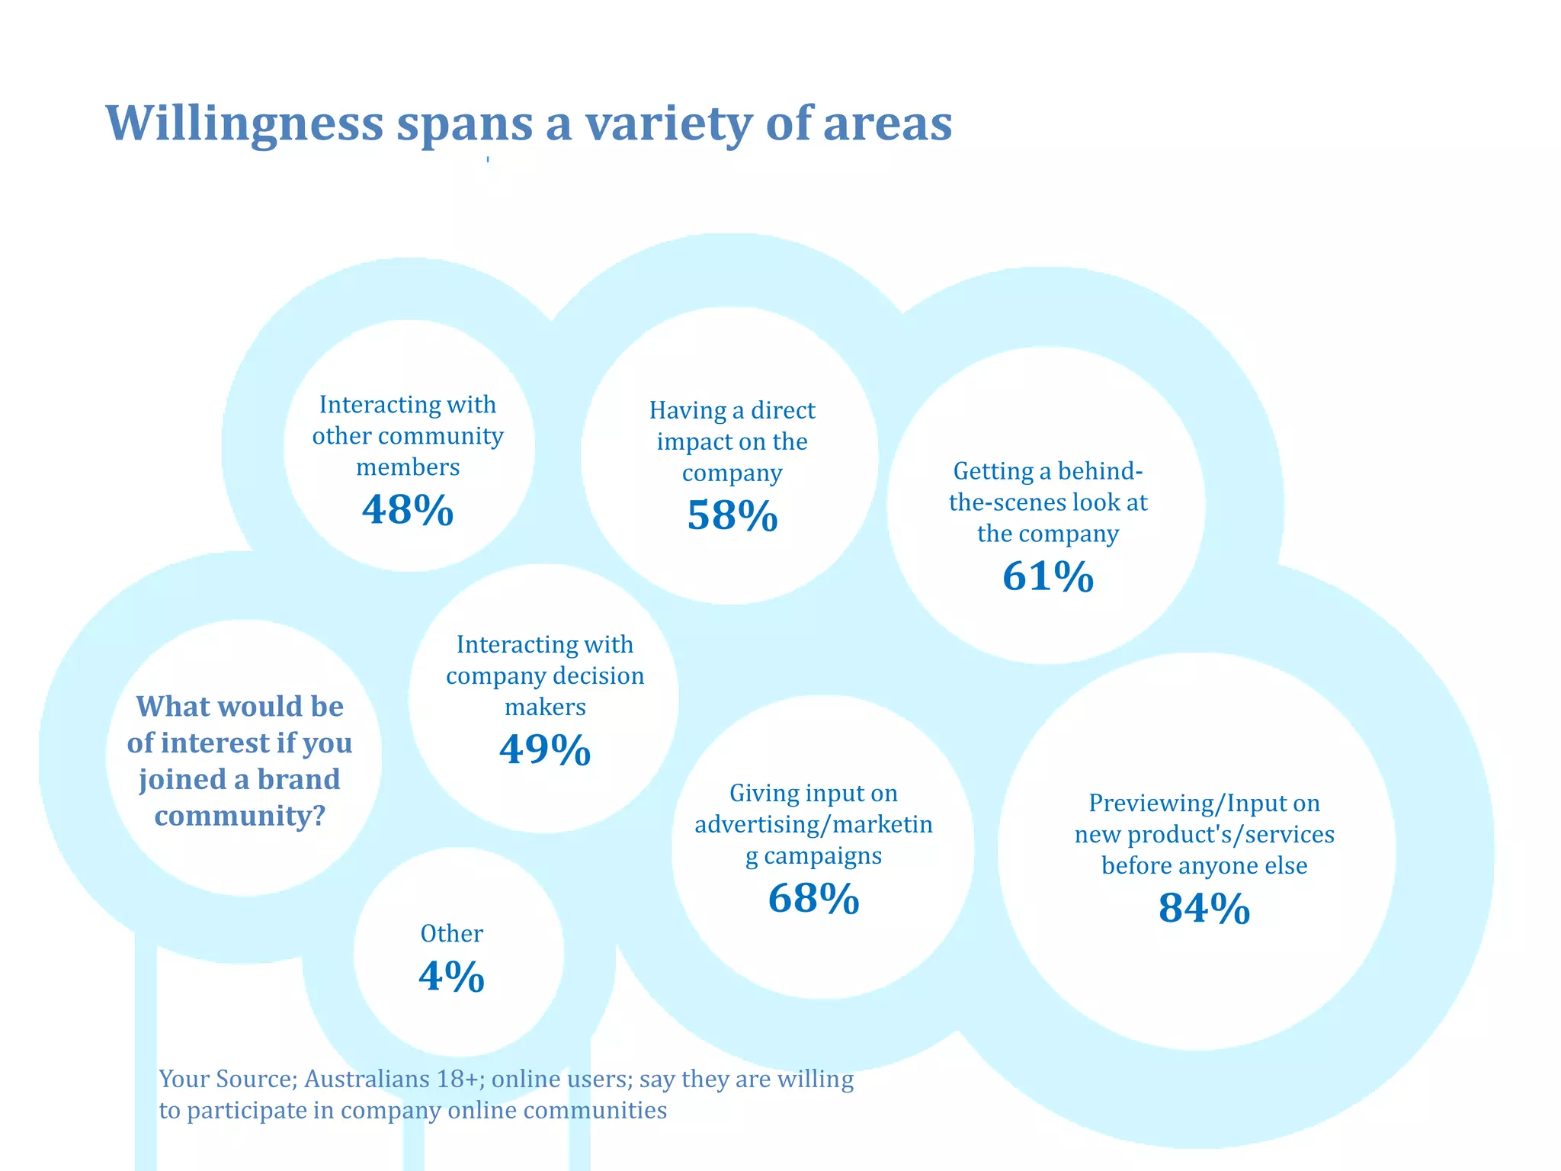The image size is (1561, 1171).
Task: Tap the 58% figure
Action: [732, 515]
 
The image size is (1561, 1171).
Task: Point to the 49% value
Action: [545, 749]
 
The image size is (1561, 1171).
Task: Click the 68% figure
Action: [813, 898]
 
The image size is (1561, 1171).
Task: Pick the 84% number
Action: [1204, 908]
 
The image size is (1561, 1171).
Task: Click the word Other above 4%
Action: [451, 933]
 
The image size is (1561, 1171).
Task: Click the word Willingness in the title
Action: [244, 124]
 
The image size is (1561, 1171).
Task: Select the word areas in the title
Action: [887, 124]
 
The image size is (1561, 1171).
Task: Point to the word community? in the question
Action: [240, 816]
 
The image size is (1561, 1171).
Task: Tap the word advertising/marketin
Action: [813, 825]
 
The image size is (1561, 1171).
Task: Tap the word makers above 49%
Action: [545, 707]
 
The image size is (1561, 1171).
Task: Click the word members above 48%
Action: [408, 467]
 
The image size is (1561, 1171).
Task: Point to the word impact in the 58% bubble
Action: [691, 442]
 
